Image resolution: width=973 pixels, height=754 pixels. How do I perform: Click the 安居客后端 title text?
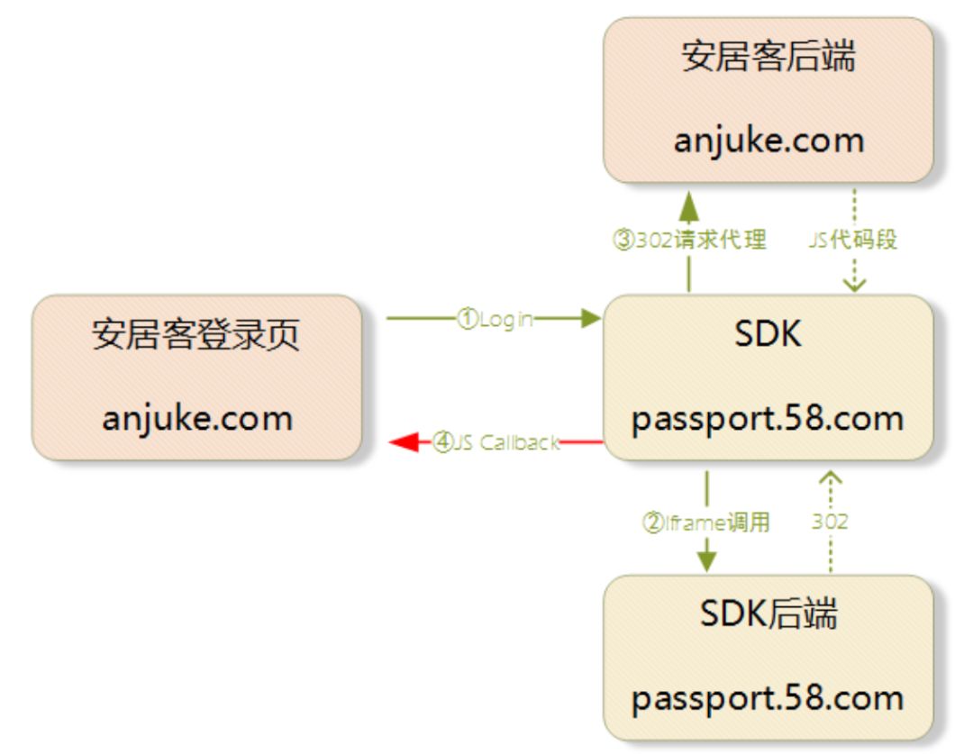point(768,58)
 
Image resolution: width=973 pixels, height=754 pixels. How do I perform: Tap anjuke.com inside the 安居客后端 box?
point(768,141)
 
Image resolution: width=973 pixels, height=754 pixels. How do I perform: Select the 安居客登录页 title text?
point(196,335)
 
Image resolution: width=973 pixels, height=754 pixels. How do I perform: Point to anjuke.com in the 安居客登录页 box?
point(196,418)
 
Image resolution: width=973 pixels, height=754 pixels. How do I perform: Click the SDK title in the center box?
point(768,335)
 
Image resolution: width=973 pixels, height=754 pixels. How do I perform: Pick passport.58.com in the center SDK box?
point(768,419)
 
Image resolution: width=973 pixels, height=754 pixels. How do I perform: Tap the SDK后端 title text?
point(768,614)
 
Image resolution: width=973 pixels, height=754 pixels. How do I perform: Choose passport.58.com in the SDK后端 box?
point(768,698)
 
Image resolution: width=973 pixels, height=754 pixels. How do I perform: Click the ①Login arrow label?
point(495,319)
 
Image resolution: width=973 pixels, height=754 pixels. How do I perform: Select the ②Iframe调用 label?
point(706,522)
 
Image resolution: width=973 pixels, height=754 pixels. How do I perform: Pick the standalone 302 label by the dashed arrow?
point(830,522)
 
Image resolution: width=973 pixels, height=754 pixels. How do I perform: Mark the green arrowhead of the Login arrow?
point(591,318)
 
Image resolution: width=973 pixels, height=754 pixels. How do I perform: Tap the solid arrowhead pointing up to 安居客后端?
point(689,205)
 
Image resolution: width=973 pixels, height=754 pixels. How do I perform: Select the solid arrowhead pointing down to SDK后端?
point(706,559)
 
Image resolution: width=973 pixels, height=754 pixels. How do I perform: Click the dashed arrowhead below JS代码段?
point(852,284)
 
